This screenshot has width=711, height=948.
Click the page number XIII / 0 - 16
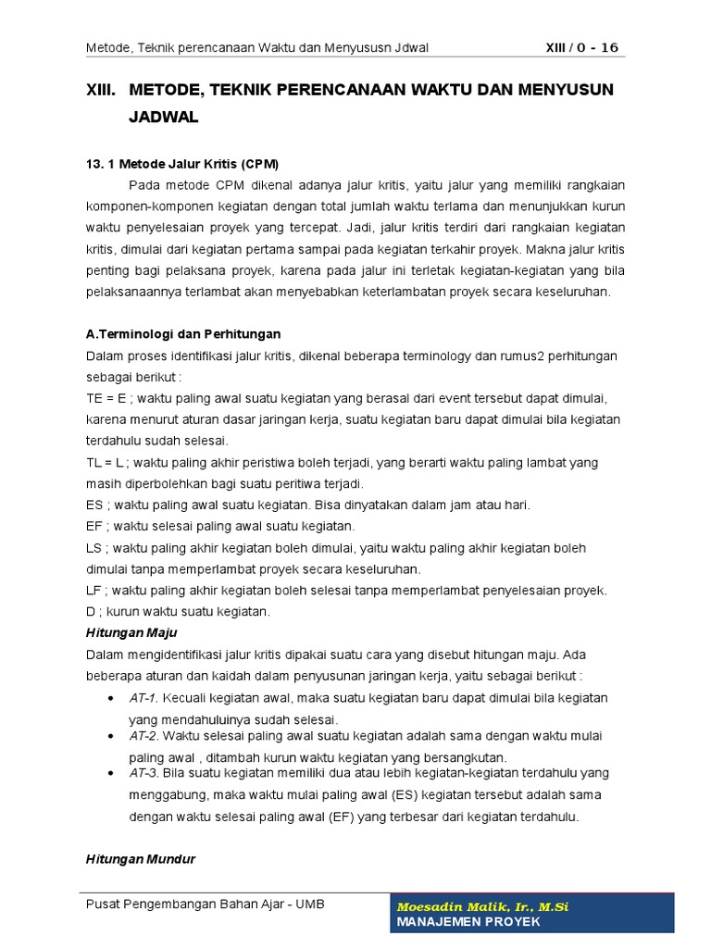coord(580,48)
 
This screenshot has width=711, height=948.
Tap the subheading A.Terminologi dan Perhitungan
coord(182,333)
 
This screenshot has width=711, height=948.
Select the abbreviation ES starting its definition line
coord(94,505)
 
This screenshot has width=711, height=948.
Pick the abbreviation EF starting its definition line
coord(94,526)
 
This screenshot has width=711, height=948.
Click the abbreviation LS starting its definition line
coord(94,547)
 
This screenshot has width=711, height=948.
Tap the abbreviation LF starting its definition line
coord(94,590)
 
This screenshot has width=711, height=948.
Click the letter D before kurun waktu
coord(90,611)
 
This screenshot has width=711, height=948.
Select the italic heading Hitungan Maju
coord(131,632)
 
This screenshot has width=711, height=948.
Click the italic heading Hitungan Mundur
coord(140,858)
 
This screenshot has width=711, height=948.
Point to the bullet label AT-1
coord(143,697)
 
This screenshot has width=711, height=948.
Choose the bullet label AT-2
coord(143,736)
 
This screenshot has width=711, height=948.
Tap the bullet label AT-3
coord(143,772)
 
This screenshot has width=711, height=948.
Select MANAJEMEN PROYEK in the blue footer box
coord(468,922)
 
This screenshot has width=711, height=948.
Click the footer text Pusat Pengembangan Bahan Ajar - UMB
coord(205,904)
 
